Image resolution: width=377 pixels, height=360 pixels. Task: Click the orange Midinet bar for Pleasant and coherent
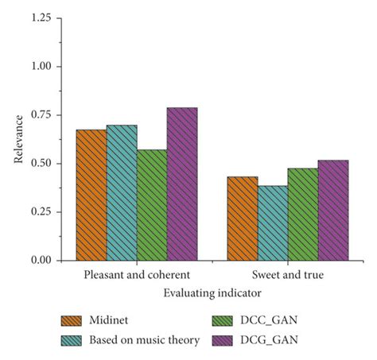[91, 195]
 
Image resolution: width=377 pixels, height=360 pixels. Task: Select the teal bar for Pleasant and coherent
[122, 192]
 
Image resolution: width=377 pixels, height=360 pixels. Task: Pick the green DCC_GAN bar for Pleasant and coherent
[152, 205]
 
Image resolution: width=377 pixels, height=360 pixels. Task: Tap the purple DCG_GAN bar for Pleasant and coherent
[182, 184]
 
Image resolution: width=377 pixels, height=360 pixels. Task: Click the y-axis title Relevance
[17, 140]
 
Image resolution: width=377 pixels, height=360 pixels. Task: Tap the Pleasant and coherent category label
[137, 275]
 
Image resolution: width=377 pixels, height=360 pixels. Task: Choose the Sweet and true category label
[288, 275]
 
